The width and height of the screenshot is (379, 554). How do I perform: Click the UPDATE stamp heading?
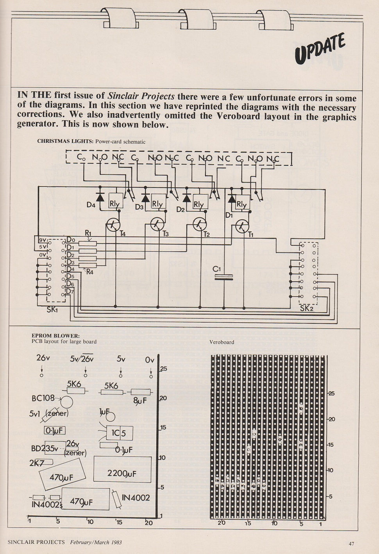pyautogui.click(x=320, y=49)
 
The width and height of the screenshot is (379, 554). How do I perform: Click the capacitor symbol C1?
pyautogui.click(x=223, y=277)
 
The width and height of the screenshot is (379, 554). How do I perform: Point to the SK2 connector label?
pyautogui.click(x=306, y=308)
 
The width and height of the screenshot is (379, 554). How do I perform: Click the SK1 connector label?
pyautogui.click(x=52, y=309)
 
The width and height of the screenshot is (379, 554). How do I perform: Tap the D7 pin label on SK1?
pyautogui.click(x=70, y=292)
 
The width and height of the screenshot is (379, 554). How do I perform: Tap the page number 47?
pyautogui.click(x=351, y=543)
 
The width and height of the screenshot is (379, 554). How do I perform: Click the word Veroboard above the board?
pyautogui.click(x=222, y=342)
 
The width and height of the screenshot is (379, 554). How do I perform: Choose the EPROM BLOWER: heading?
pyautogui.click(x=55, y=336)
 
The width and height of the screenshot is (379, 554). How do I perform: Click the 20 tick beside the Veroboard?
pyautogui.click(x=331, y=419)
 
